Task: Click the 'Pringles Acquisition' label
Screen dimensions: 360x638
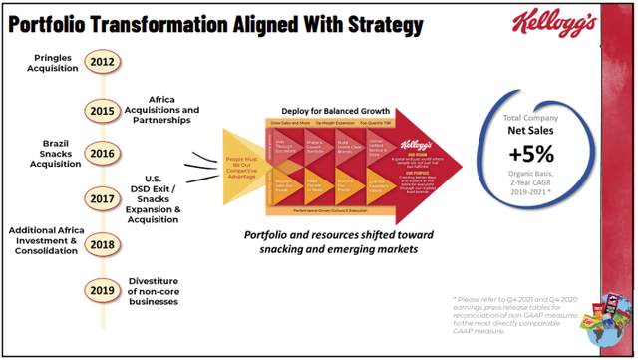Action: click(x=37, y=64)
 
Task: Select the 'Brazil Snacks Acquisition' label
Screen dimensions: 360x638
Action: click(x=36, y=153)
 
